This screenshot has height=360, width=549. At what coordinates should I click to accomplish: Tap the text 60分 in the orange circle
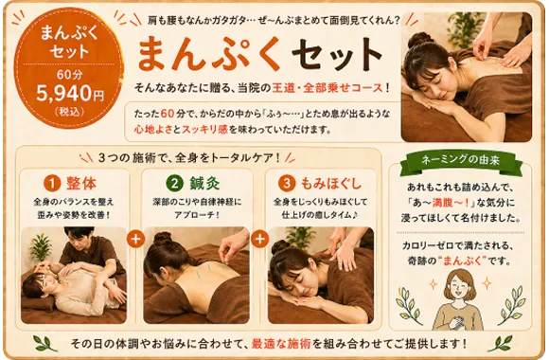coord(69,75)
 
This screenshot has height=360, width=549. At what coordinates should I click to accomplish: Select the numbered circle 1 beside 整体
coord(52,184)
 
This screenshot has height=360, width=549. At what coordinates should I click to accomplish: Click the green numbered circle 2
coord(175,184)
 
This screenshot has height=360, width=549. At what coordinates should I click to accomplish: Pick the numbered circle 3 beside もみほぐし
coord(287,184)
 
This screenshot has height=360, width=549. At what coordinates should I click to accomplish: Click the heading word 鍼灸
coord(204,184)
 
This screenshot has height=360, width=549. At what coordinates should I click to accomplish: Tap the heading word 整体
coord(81,184)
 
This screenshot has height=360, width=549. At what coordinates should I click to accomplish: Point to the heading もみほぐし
coord(331,184)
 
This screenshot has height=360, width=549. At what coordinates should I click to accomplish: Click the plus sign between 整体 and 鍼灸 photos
coord(136,239)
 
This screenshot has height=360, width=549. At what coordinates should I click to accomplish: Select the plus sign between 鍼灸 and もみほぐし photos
coord(259,239)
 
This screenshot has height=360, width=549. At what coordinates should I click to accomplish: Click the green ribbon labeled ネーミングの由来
coord(460,161)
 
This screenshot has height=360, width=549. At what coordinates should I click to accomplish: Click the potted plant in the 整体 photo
coord(41,246)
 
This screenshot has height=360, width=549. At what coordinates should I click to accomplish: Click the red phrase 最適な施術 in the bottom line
coord(281,344)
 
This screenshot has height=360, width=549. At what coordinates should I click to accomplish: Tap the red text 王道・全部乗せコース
coord(328,87)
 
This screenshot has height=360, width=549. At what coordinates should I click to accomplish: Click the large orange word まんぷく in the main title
coord(209,53)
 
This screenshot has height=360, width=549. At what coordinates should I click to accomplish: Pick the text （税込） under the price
coord(69,112)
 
